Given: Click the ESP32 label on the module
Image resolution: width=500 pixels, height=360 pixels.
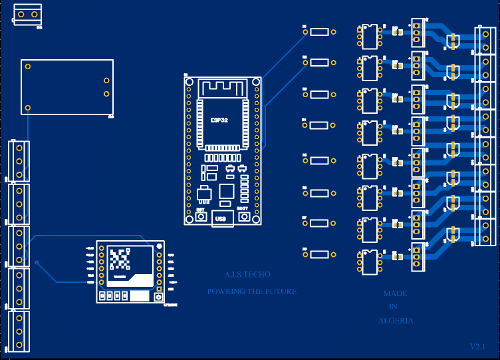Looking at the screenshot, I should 219,120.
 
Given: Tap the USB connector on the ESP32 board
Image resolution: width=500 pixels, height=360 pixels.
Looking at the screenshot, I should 223,218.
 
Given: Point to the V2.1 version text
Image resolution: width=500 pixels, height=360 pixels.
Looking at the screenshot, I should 477,347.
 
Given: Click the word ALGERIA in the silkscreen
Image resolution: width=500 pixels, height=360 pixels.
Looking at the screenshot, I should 396,321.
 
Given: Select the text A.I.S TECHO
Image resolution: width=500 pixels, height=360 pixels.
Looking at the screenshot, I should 247,275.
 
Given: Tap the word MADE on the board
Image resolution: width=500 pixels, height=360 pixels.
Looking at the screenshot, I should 395,293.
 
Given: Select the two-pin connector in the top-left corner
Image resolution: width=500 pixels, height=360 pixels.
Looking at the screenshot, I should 27,15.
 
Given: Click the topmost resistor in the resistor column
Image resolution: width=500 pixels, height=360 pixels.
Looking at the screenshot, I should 320,31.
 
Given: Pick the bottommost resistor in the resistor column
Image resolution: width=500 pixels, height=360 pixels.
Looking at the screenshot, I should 320,254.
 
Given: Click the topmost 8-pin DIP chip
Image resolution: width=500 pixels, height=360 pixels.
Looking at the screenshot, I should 369,36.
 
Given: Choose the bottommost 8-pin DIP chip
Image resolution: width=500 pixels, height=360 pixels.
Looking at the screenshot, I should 369,262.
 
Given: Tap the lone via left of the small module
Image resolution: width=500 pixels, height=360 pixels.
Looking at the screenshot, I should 37,264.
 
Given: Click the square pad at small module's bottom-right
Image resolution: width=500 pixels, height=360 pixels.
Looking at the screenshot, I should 158,297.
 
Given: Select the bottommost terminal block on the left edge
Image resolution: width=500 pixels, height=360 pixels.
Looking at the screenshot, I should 19,331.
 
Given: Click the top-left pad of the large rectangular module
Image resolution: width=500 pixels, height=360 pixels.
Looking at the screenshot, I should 28,66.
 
